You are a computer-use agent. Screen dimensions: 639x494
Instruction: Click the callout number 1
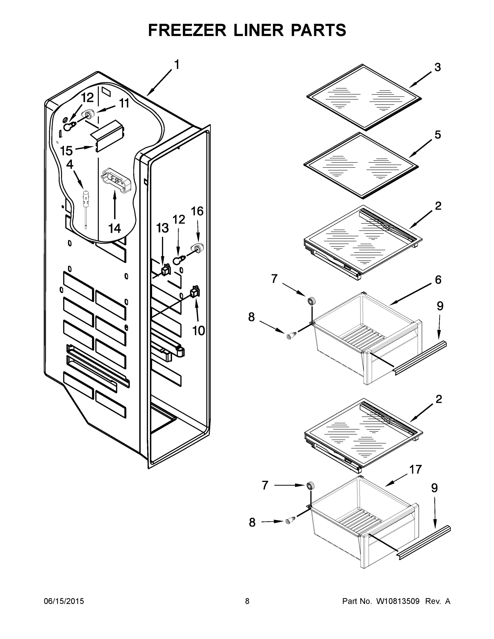pyautogui.click(x=177, y=65)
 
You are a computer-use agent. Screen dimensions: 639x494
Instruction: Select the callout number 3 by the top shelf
pyautogui.click(x=438, y=67)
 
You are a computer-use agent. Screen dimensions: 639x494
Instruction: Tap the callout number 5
pyautogui.click(x=438, y=135)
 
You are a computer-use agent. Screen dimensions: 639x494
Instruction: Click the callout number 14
pyautogui.click(x=115, y=228)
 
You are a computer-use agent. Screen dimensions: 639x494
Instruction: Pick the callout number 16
pyautogui.click(x=197, y=211)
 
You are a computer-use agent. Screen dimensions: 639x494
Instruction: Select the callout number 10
pyautogui.click(x=198, y=331)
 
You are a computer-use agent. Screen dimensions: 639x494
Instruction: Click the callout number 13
pyautogui.click(x=162, y=228)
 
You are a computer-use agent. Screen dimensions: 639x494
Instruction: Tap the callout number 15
pyautogui.click(x=66, y=151)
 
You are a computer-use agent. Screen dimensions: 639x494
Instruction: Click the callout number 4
pyautogui.click(x=70, y=165)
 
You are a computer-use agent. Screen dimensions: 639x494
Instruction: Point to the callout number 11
pyautogui.click(x=124, y=103)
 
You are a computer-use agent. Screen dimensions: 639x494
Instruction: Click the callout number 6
pyautogui.click(x=438, y=280)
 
